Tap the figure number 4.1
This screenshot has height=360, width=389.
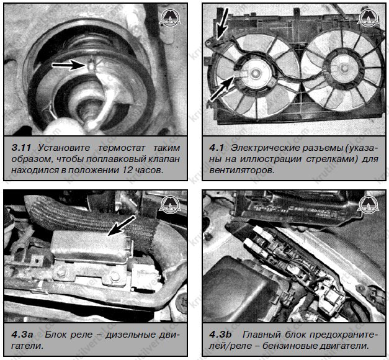click(x=216, y=148)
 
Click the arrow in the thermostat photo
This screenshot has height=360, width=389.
click(x=68, y=63)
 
